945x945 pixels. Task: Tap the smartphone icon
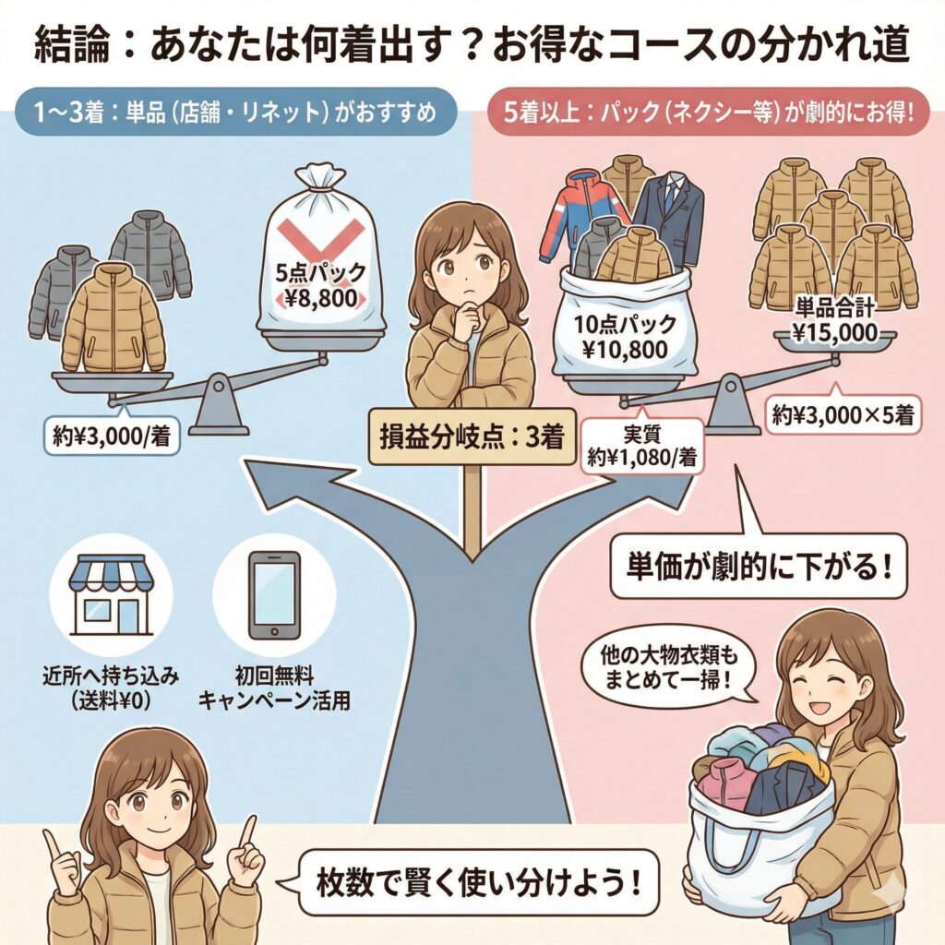(274, 595)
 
